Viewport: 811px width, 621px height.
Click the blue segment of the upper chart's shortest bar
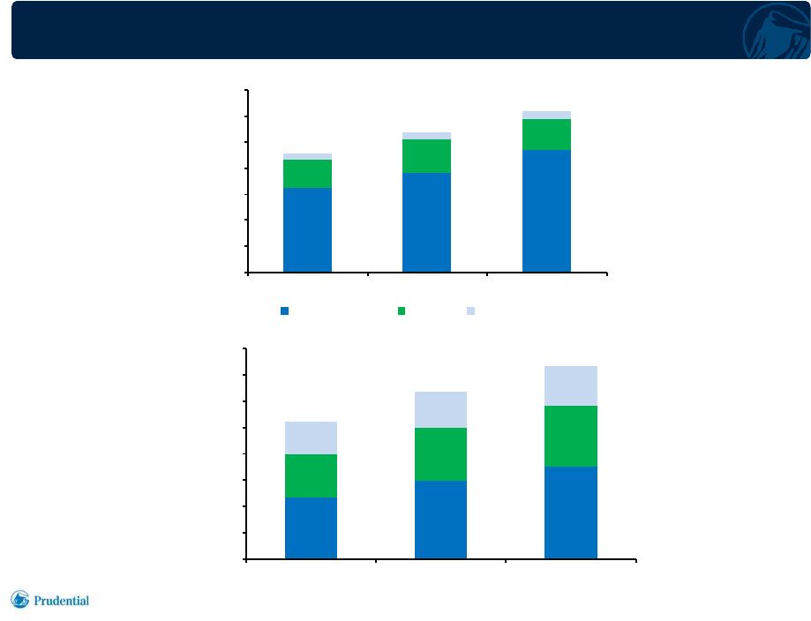point(307,229)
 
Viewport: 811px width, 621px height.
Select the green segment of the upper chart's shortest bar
point(307,174)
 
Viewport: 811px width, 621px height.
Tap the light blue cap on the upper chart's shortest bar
point(307,157)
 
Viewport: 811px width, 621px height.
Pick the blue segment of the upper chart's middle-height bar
point(427,222)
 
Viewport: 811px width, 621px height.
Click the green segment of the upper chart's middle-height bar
point(427,156)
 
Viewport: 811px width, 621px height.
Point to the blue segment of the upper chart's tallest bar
point(547,211)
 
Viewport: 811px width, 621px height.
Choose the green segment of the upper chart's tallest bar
point(547,134)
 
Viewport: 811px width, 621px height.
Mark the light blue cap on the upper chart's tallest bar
point(547,116)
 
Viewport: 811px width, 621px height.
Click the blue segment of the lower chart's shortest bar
point(311,527)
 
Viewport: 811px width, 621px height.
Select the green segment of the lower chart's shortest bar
point(311,475)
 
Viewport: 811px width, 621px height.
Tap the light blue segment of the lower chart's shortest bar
point(311,438)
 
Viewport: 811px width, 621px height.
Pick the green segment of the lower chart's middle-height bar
point(440,454)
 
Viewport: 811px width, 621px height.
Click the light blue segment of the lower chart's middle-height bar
point(440,409)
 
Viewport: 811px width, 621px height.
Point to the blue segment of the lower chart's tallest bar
point(571,513)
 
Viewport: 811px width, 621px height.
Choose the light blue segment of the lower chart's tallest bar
point(571,385)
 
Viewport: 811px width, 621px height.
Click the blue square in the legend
point(284,310)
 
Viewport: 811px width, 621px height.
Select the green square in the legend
point(402,310)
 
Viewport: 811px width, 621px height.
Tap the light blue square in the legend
point(470,310)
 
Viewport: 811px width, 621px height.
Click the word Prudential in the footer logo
point(61,601)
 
